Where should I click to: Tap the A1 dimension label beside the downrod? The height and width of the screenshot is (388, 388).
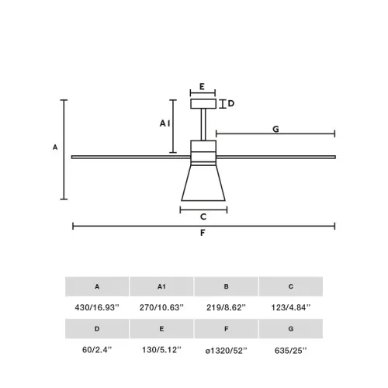click(165, 123)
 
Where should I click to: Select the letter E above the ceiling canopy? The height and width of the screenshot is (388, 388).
click(202, 87)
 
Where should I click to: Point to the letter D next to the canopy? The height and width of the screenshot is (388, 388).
click(231, 103)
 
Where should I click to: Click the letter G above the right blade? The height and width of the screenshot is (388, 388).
click(275, 130)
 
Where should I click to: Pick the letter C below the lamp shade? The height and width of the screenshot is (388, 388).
click(203, 218)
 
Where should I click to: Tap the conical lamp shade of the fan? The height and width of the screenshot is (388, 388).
click(203, 183)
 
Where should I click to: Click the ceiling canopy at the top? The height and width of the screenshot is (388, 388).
click(203, 104)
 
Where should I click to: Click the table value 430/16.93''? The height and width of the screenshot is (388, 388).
click(97, 308)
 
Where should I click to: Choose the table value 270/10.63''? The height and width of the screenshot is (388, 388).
click(161, 308)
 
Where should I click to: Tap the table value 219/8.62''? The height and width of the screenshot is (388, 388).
click(227, 308)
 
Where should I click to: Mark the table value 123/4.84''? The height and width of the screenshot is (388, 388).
click(291, 308)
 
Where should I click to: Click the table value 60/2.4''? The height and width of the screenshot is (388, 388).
click(97, 351)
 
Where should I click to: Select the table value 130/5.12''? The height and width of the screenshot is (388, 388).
click(161, 351)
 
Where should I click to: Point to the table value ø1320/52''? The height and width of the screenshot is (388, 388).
click(227, 351)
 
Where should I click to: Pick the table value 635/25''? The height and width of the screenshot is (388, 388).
click(291, 351)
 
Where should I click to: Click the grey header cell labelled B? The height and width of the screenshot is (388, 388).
click(227, 286)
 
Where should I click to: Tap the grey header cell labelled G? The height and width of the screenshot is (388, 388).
click(291, 329)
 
